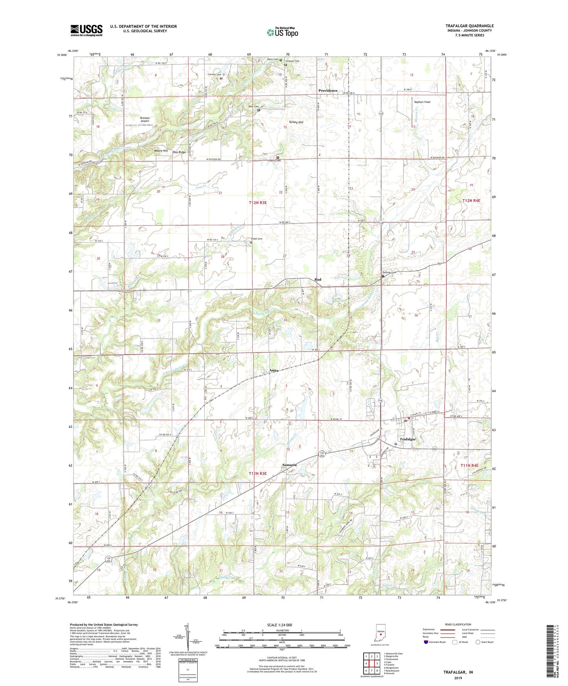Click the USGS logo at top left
(86, 30)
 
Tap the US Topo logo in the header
(282, 32)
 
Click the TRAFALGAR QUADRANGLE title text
(469, 26)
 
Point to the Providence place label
(328, 91)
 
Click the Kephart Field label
(422, 102)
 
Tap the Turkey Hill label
(296, 122)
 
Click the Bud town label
(318, 279)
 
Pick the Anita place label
(274, 371)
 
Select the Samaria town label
(289, 465)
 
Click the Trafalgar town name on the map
(408, 439)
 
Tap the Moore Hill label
(161, 151)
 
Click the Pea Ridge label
(179, 152)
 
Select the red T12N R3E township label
(257, 202)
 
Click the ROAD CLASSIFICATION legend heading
(458, 624)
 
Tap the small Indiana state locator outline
(380, 633)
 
